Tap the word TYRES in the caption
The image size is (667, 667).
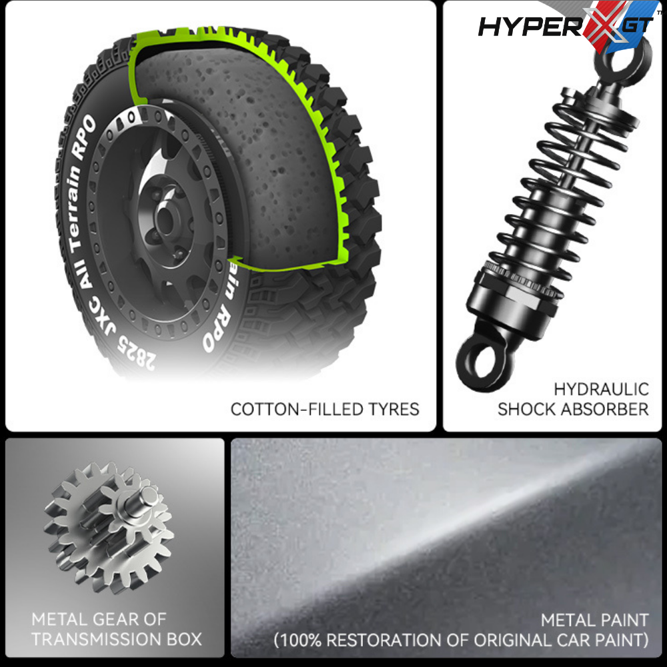point(394,410)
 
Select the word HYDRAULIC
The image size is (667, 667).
point(601,390)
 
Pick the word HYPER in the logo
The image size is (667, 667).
point(530,27)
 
